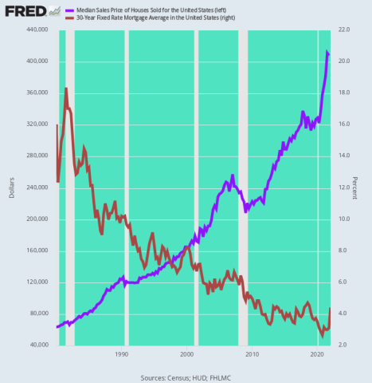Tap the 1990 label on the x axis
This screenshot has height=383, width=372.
[121, 353]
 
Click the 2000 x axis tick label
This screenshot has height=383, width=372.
[186, 353]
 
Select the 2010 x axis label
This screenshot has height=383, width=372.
[253, 353]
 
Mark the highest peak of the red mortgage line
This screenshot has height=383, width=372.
[66, 89]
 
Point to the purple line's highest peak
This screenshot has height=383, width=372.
[327, 52]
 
